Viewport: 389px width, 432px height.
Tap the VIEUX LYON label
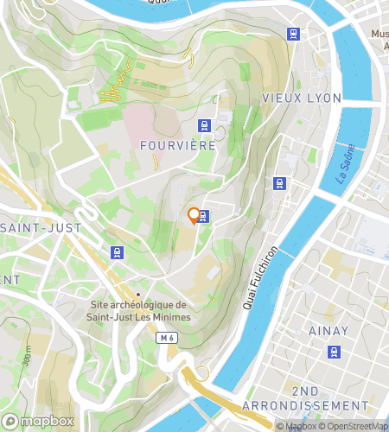pos(301,98)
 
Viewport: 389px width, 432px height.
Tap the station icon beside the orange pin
pos(204,216)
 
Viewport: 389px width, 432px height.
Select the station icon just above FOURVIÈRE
pos(204,125)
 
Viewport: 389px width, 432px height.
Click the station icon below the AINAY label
pos(334,352)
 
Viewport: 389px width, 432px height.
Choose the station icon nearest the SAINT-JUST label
pos(117,252)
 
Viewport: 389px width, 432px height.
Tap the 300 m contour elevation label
pos(28,353)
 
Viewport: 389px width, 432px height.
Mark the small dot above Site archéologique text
pos(137,294)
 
